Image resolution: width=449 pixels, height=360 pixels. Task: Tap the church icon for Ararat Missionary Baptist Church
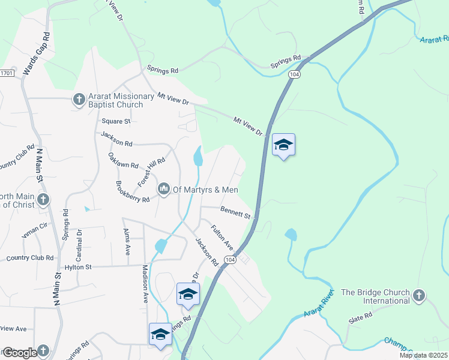pyautogui.click(x=79, y=100)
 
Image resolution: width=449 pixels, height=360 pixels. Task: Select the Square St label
pyautogui.click(x=116, y=121)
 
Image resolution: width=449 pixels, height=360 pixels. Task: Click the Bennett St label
pyautogui.click(x=235, y=212)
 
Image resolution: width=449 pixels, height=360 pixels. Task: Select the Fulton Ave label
pyautogui.click(x=221, y=236)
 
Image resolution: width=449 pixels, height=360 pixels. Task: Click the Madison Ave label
pyautogui.click(x=145, y=284)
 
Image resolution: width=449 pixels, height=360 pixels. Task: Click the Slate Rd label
pyautogui.click(x=360, y=314)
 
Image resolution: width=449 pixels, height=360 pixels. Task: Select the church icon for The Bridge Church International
pyautogui.click(x=419, y=296)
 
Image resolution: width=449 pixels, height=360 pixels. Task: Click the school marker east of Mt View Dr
pyautogui.click(x=283, y=145)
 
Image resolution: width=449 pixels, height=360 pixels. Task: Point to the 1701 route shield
pyautogui.click(x=6, y=73)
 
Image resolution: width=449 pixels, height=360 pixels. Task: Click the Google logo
pyautogui.click(x=20, y=353)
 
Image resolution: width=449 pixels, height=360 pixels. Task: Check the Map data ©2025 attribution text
pyautogui.click(x=423, y=355)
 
